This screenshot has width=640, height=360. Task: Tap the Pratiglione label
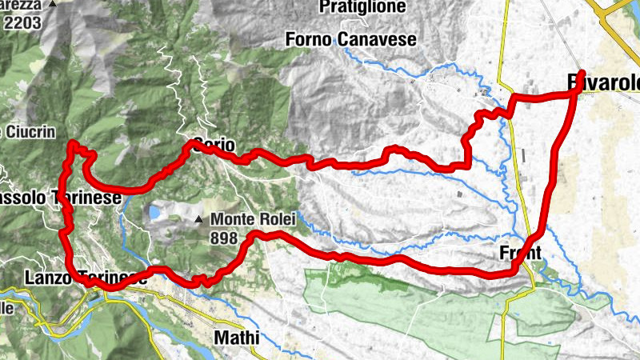(354, 7)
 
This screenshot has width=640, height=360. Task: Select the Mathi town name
(237, 338)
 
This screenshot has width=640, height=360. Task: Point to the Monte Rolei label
(254, 218)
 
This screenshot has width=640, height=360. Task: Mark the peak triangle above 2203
(53, 4)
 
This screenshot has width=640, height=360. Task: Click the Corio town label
(212, 146)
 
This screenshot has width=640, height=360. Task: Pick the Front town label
(520, 253)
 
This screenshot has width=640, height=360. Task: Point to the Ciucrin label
(24, 130)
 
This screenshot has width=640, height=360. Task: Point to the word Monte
(233, 218)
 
